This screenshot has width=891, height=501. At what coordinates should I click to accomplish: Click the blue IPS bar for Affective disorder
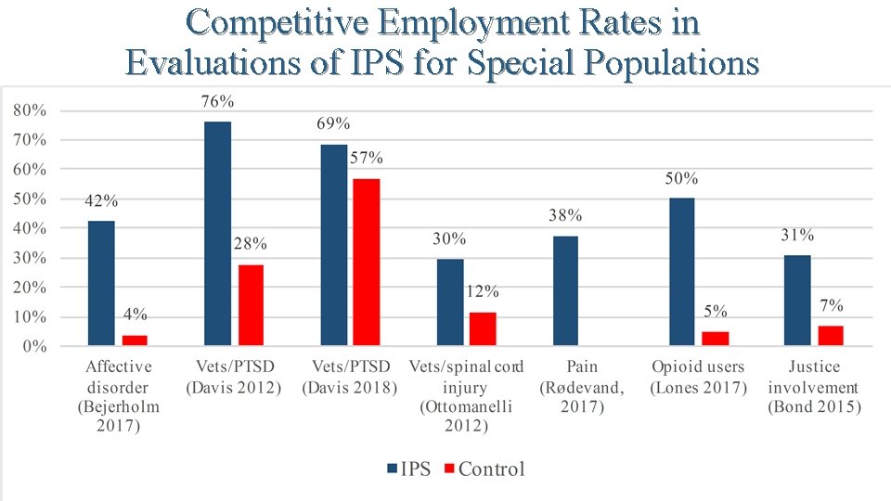click(101, 283)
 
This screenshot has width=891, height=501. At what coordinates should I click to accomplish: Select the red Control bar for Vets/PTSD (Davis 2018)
click(367, 263)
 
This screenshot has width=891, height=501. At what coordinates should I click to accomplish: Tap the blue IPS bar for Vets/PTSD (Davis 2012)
click(217, 234)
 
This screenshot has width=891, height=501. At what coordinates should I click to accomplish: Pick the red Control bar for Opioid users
click(715, 339)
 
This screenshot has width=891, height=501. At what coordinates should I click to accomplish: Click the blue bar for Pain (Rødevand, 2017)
click(565, 290)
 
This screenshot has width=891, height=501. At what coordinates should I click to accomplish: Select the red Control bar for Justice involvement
click(831, 336)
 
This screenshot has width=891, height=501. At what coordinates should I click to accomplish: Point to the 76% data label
click(217, 101)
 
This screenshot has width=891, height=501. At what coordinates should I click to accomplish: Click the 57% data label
click(367, 159)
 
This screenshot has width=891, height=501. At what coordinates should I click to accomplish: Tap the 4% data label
click(135, 315)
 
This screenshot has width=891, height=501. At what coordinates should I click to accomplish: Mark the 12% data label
click(483, 291)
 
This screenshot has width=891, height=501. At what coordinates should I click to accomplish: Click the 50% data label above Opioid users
click(681, 178)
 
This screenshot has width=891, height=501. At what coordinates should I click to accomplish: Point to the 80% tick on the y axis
click(30, 110)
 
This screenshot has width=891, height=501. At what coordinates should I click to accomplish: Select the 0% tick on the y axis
click(32, 347)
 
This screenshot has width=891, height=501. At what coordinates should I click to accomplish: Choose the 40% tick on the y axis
click(30, 229)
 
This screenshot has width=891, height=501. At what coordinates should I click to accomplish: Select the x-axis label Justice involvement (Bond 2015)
click(814, 387)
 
